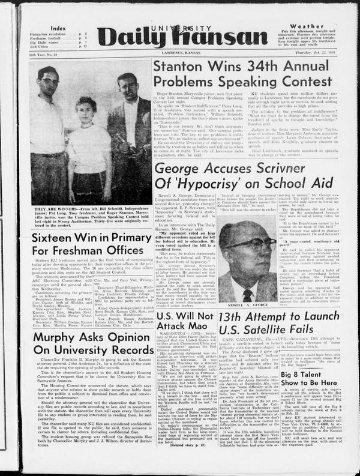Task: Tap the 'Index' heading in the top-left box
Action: point(58,28)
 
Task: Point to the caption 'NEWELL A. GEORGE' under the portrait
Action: point(248,305)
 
